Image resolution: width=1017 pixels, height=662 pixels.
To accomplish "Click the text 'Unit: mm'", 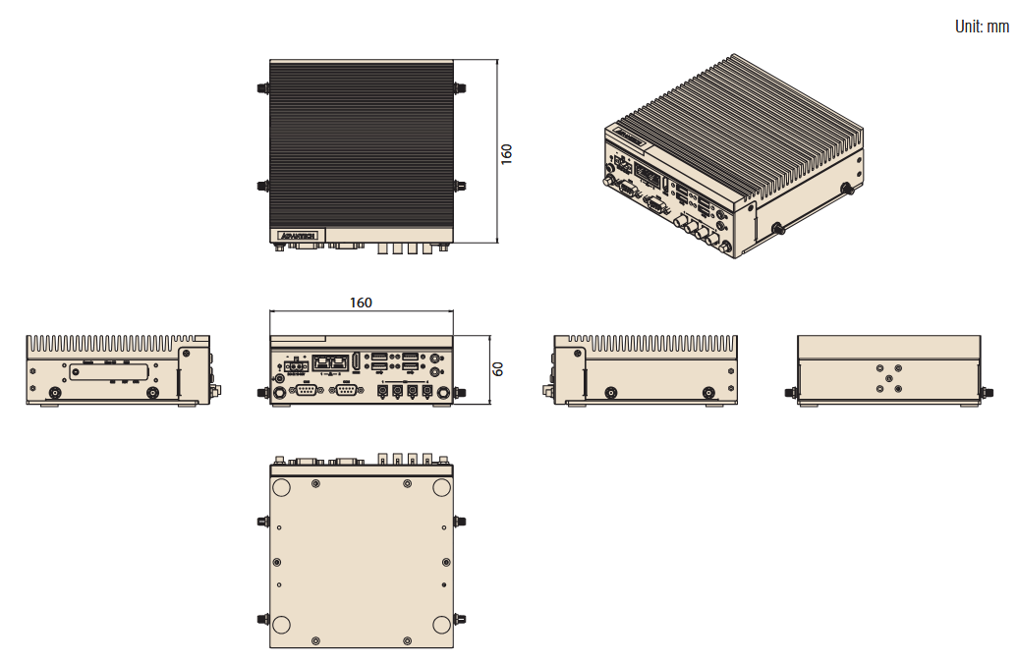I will point(982,27).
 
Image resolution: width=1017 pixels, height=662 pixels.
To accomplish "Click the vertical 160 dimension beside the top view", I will point(507,153).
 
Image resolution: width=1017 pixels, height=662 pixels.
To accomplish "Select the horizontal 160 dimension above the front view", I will point(361,303).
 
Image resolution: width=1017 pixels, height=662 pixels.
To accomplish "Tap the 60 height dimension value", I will point(498,369).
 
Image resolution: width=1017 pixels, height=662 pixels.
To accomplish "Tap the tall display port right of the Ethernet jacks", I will point(355,361).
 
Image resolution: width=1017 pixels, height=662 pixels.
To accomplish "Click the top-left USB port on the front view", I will point(379,357).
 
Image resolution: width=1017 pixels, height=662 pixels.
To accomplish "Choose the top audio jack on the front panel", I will point(435,359).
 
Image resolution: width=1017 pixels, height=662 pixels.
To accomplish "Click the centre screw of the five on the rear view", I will point(889,377).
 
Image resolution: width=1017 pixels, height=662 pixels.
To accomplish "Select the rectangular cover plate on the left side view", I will point(107,375).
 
